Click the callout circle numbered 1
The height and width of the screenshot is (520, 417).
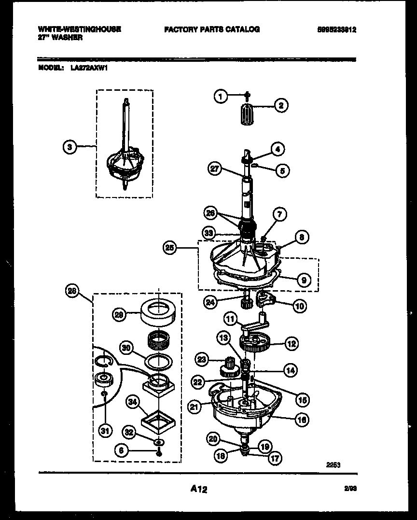[x=220, y=97]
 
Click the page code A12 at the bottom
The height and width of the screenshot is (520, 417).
[x=199, y=490]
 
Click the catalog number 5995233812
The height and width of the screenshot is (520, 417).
[x=337, y=29]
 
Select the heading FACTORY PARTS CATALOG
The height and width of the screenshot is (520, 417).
[x=212, y=29]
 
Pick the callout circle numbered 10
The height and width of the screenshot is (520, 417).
[x=299, y=305]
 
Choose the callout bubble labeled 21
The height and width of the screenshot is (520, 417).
[x=194, y=407]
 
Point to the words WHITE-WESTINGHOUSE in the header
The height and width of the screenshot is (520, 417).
[x=79, y=29]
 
